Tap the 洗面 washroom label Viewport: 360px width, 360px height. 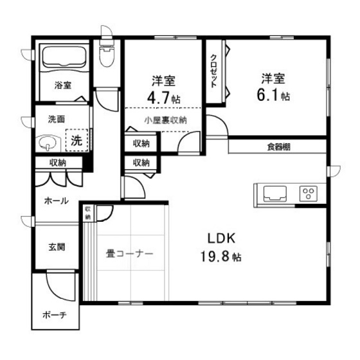pyautogui.click(x=57, y=119)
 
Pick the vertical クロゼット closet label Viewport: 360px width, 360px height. pyautogui.click(x=213, y=71)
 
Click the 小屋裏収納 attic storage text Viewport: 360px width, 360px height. pyautogui.click(x=165, y=120)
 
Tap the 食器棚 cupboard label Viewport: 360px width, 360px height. pyautogui.click(x=278, y=147)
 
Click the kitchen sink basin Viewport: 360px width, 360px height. pyautogui.click(x=272, y=192)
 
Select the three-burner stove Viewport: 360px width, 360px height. pyautogui.click(x=308, y=192)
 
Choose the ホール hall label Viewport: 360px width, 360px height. pyautogui.click(x=56, y=201)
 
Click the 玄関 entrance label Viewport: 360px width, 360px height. pyautogui.click(x=56, y=246)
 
